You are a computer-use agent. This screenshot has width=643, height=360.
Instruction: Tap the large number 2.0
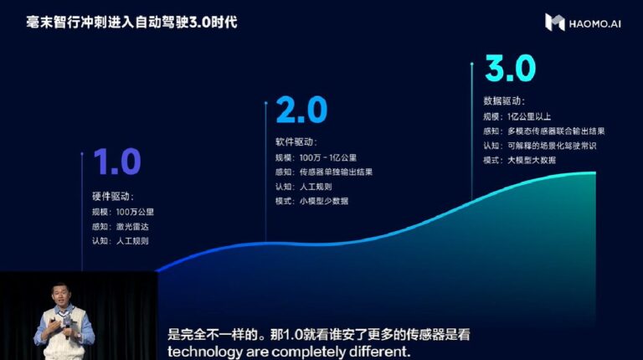tap(301, 111)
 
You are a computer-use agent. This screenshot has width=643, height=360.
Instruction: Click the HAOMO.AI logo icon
tap(554, 22)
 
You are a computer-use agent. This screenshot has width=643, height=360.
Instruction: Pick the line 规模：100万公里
tap(122, 211)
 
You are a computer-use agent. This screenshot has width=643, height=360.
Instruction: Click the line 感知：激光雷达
tap(121, 226)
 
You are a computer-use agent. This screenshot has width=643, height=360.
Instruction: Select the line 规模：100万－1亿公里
tap(317, 157)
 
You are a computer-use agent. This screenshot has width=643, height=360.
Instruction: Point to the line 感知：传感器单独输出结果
tap(323, 172)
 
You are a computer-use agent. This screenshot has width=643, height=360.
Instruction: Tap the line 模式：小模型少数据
tap(311, 201)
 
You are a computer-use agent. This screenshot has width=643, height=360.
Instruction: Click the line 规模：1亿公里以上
tap(518, 116)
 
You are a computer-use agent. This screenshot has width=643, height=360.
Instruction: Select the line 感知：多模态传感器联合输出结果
tap(543, 131)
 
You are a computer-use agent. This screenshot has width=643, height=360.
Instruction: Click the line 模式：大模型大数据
tap(519, 159)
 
